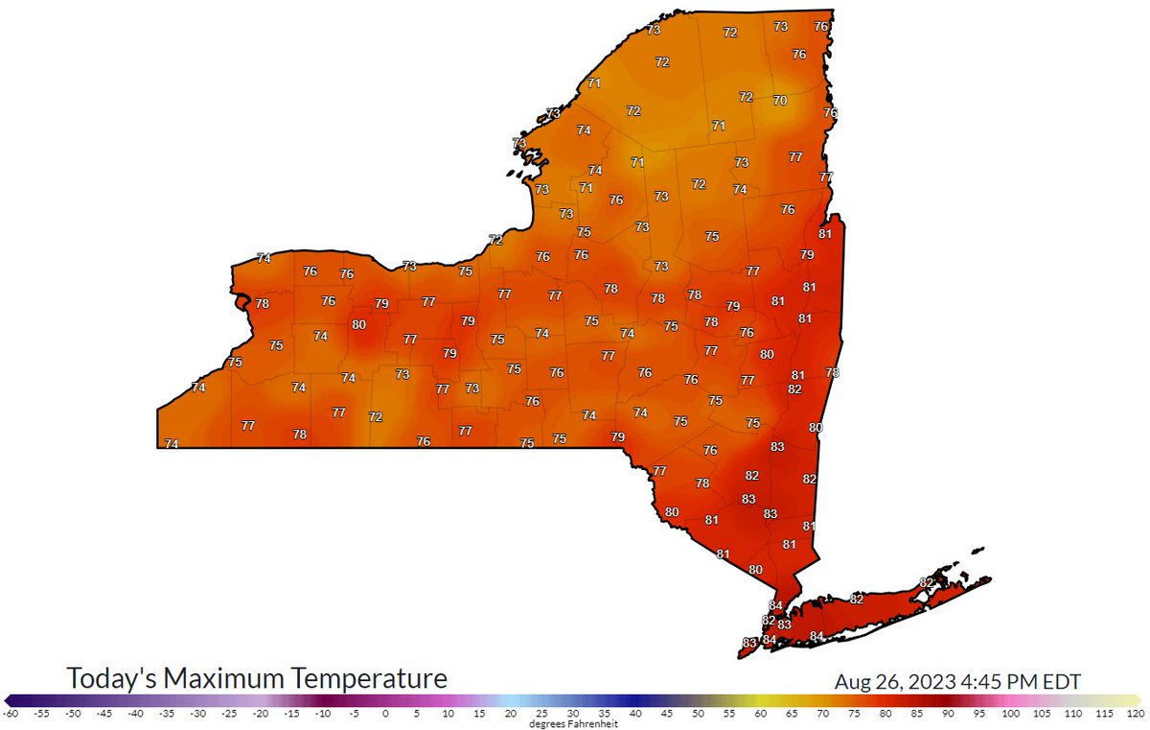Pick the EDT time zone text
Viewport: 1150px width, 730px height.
pyautogui.click(x=1060, y=682)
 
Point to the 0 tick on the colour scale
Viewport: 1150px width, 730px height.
pyautogui.click(x=385, y=714)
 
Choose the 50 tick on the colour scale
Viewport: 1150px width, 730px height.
pyautogui.click(x=699, y=714)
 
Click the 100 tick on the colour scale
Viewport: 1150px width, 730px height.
pyautogui.click(x=1011, y=714)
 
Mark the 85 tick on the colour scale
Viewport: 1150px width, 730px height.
pyautogui.click(x=917, y=714)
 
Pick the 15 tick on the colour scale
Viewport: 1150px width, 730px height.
pyautogui.click(x=479, y=714)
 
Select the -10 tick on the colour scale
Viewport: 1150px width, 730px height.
pyautogui.click(x=323, y=714)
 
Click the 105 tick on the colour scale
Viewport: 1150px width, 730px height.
pyautogui.click(x=1043, y=714)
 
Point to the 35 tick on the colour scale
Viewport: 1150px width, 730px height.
pyautogui.click(x=605, y=714)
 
